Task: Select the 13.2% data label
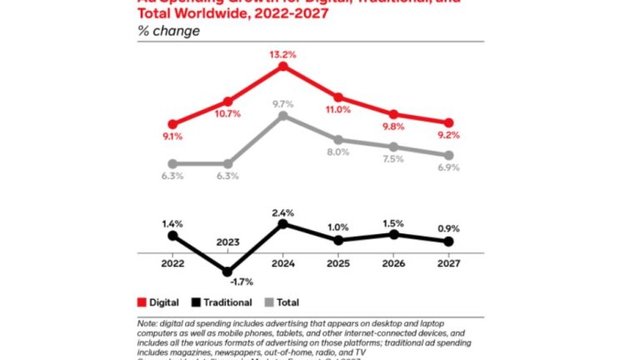tap(282, 52)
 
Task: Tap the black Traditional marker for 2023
tap(227, 271)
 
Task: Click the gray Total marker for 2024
tap(282, 116)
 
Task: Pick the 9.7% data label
tap(282, 104)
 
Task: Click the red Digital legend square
tap(141, 302)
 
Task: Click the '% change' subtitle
tap(168, 32)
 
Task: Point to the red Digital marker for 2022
tap(172, 124)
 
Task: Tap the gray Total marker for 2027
tap(448, 156)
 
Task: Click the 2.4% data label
tap(282, 212)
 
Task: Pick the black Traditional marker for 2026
tap(393, 235)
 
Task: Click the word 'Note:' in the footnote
tap(147, 324)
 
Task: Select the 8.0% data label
tap(337, 152)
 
